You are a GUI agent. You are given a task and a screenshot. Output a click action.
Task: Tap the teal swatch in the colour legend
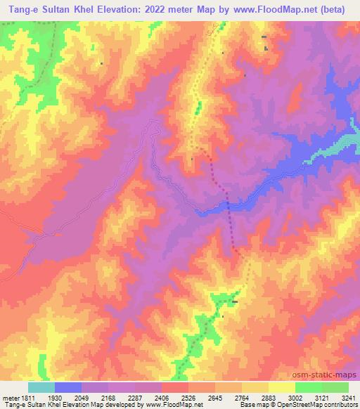41,387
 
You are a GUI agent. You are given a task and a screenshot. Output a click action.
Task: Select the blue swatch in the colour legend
68,387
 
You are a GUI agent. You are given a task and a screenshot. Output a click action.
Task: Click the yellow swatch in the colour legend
281,387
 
